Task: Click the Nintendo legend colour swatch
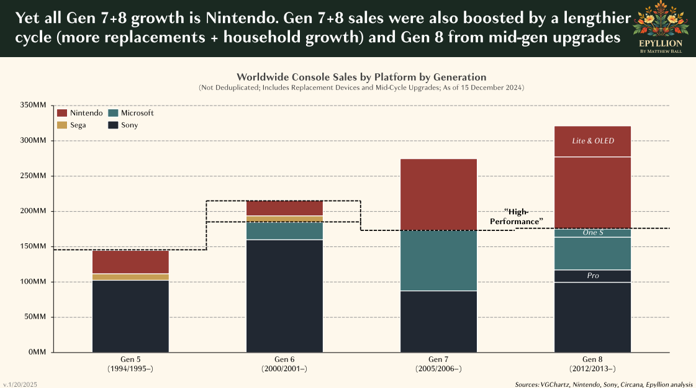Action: tap(61, 113)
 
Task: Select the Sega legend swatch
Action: tap(61, 125)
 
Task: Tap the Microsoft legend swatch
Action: tap(113, 113)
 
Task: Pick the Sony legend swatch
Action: tap(113, 125)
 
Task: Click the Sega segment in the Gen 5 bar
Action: tap(130, 277)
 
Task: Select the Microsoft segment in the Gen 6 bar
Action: tap(284, 230)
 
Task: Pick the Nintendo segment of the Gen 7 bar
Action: tap(438, 194)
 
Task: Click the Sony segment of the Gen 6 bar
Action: tap(284, 296)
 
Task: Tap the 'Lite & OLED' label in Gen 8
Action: tap(592, 141)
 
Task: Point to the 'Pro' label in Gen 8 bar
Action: tap(592, 276)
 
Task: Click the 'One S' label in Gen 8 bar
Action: tap(592, 233)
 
